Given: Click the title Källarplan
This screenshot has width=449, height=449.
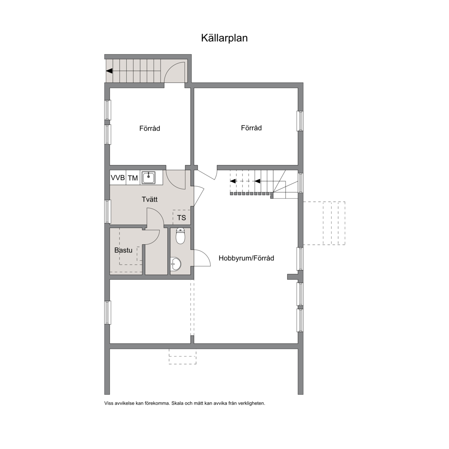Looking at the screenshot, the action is click(224, 38).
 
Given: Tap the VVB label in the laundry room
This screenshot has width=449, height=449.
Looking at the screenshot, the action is click(118, 178).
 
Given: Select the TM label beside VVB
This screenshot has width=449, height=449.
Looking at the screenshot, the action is click(133, 178).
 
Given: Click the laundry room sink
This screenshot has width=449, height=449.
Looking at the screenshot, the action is click(149, 178).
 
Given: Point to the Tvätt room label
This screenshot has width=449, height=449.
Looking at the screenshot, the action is click(150, 199).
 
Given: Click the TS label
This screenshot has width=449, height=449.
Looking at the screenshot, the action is click(182, 218).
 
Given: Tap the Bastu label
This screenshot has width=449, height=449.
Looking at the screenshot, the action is click(124, 250).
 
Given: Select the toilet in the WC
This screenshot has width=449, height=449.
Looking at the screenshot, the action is click(180, 236).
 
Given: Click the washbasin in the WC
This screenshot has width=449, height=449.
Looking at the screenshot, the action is click(175, 264).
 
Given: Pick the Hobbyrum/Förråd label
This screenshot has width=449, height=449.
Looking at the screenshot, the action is click(246, 258).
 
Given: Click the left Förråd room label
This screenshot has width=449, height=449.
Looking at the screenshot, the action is click(150, 128).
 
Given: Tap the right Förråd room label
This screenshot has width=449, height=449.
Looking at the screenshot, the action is click(251, 128).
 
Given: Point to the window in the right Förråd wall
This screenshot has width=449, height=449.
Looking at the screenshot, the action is click(300, 121).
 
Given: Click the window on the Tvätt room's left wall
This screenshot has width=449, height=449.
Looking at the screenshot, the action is click(108, 212).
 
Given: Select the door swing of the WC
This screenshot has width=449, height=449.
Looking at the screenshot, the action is click(203, 258).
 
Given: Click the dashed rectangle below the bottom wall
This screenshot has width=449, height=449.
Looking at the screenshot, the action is click(182, 357).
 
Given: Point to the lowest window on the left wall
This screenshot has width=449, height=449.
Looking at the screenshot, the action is click(108, 313).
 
